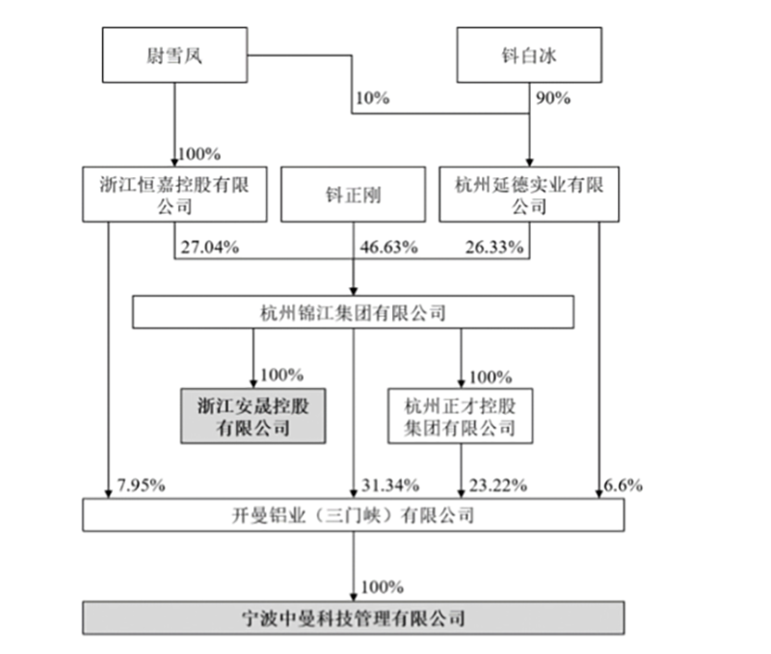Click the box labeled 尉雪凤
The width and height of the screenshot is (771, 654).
tap(174, 55)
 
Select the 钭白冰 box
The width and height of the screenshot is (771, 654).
tap(529, 55)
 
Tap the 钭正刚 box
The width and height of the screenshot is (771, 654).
tap(353, 195)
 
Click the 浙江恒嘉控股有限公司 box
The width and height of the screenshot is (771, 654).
tap(174, 195)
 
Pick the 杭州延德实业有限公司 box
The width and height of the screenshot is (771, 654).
tap(529, 195)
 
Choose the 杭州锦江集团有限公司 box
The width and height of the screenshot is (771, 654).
tap(353, 312)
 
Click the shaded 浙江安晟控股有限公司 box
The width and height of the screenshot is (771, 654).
tap(253, 416)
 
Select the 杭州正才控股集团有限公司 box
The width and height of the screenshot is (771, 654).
tap(461, 416)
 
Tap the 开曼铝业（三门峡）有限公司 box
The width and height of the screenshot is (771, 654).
tap(354, 515)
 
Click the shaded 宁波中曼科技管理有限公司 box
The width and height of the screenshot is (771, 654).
tap(354, 617)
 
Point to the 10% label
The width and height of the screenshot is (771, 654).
tap(372, 98)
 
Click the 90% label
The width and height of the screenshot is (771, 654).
tap(553, 98)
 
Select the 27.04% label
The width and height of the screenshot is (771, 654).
tap(210, 247)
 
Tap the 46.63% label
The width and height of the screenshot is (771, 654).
tap(389, 247)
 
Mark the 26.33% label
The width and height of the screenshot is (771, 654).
tap(494, 247)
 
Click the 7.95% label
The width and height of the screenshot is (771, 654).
tap(141, 485)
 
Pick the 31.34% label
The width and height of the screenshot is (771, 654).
tap(390, 485)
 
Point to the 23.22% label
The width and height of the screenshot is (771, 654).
tap(498, 485)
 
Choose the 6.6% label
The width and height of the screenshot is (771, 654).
tap(624, 485)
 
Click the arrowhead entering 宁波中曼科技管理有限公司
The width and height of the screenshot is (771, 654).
tap(353, 596)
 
